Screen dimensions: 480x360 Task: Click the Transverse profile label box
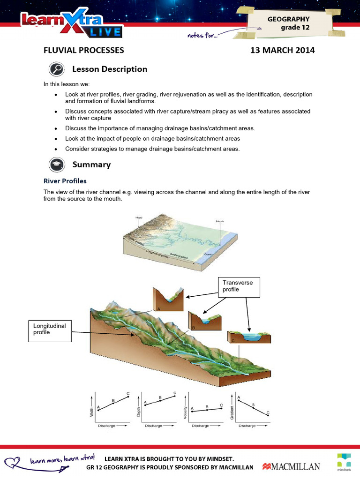tap(239, 287)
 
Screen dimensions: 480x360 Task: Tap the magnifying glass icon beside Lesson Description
tap(57, 69)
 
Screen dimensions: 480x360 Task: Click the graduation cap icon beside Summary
tap(57, 165)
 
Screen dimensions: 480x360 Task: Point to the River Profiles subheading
tap(65, 181)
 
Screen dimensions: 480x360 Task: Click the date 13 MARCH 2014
tap(283, 50)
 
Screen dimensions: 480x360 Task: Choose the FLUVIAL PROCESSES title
tap(84, 50)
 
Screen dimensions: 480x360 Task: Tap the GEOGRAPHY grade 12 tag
tap(288, 23)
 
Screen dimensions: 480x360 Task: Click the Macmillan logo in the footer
tap(291, 466)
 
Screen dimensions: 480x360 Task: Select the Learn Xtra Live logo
tap(70, 24)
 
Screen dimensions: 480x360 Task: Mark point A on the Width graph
tap(98, 410)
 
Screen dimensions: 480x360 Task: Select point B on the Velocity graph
tap(207, 410)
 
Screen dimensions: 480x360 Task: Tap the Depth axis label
tap(138, 412)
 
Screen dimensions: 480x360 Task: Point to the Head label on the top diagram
tap(139, 217)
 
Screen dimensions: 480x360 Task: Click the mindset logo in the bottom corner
tap(345, 461)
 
